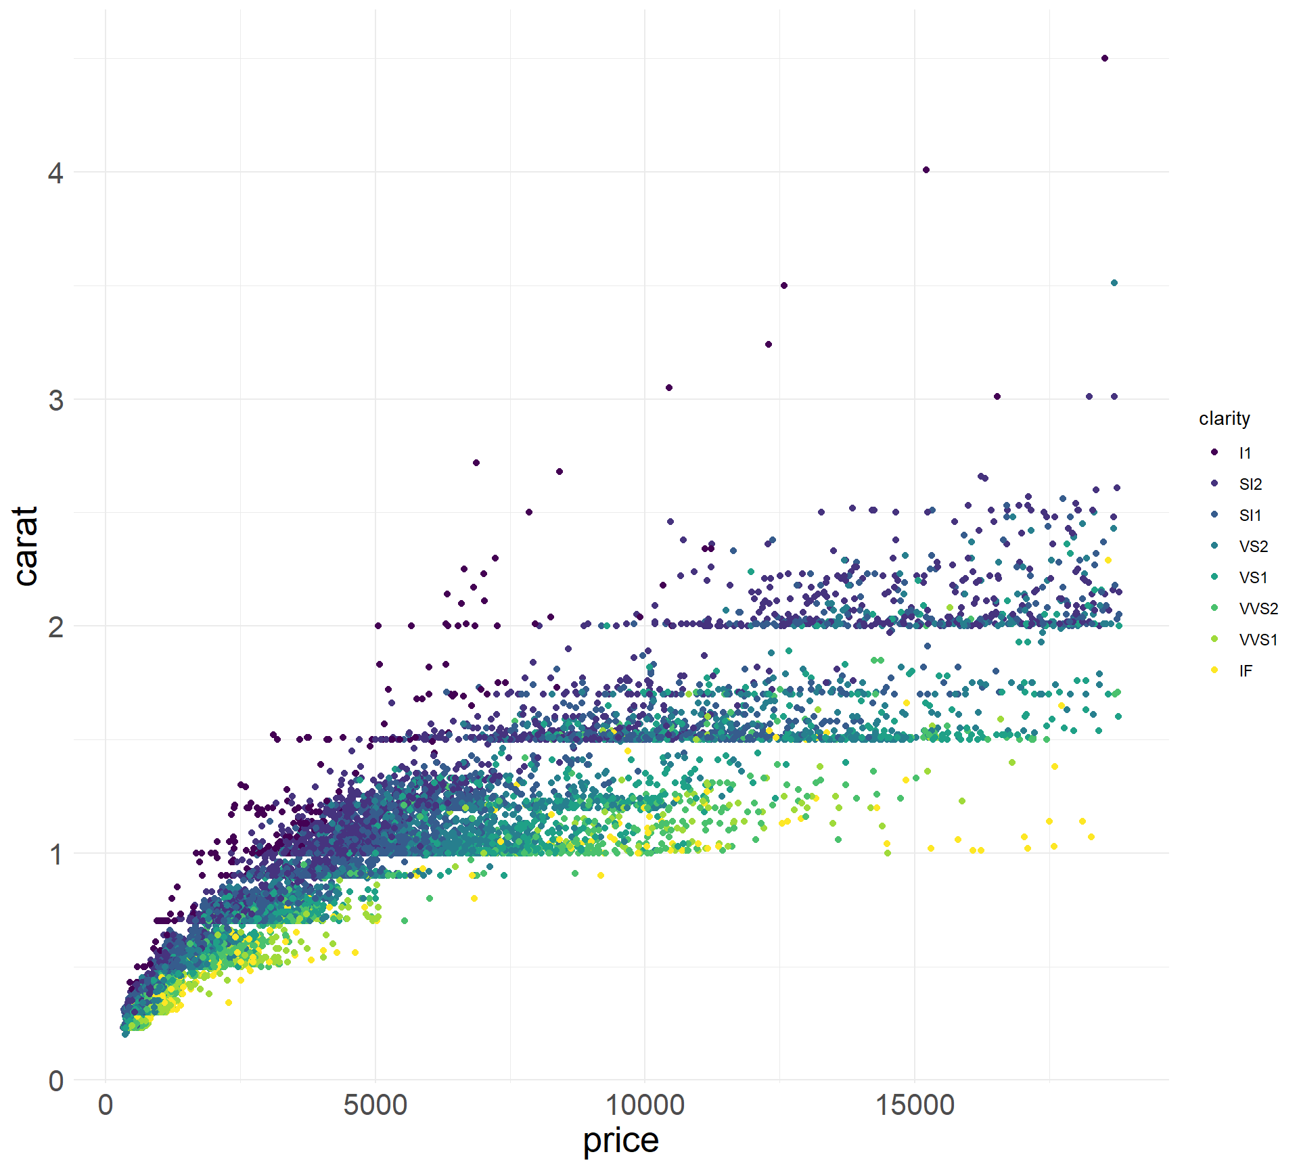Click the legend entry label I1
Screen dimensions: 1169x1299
pyautogui.click(x=1245, y=453)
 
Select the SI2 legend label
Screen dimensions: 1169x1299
pyautogui.click(x=1250, y=484)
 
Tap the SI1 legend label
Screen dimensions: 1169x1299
pyautogui.click(x=1250, y=515)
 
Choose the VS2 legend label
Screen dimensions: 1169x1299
pyautogui.click(x=1253, y=547)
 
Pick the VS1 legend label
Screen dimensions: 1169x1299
pyautogui.click(x=1253, y=578)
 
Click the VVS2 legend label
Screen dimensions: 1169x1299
pyautogui.click(x=1258, y=609)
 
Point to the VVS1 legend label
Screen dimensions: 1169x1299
pyautogui.click(x=1258, y=640)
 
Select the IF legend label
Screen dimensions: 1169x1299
pyautogui.click(x=1246, y=671)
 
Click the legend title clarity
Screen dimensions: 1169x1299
pyautogui.click(x=1224, y=419)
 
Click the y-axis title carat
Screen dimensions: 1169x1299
pyautogui.click(x=26, y=546)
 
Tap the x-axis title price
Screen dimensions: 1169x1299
pyautogui.click(x=620, y=1140)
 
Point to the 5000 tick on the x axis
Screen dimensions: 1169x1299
pyautogui.click(x=375, y=1105)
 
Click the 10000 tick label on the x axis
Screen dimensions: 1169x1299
pyautogui.click(x=644, y=1105)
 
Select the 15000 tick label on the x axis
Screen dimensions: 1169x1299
pyautogui.click(x=914, y=1105)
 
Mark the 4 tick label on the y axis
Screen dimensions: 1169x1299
pyautogui.click(x=55, y=173)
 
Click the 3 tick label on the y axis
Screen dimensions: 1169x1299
pyautogui.click(x=55, y=400)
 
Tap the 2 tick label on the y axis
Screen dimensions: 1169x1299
pyautogui.click(x=55, y=627)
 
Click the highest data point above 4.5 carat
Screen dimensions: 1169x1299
pyautogui.click(x=1105, y=58)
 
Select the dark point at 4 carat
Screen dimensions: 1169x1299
pyautogui.click(x=926, y=170)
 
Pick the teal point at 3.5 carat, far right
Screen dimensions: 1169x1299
pyautogui.click(x=1114, y=283)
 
